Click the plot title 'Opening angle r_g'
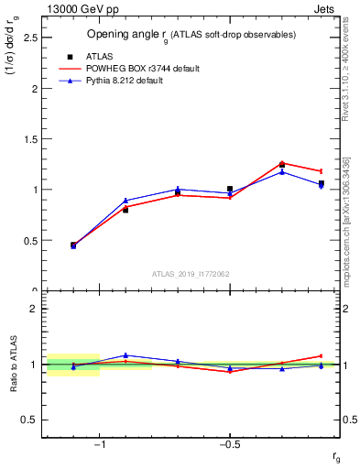[x=191, y=35]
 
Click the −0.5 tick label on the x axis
[x=229, y=445]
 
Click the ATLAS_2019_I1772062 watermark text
[x=191, y=273]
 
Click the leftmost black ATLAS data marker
[x=73, y=245]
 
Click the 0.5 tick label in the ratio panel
[x=29, y=420]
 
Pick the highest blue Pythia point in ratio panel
[x=125, y=354]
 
